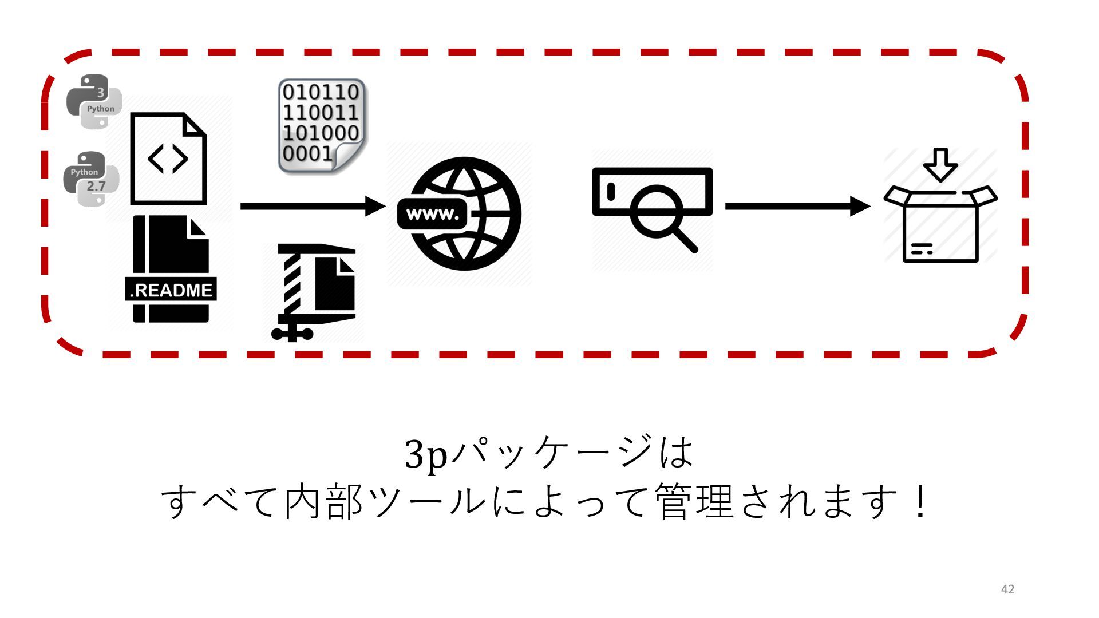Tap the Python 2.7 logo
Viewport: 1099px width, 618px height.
pos(91,179)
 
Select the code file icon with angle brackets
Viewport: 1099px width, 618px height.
pos(168,159)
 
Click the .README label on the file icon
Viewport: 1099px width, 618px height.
pos(171,290)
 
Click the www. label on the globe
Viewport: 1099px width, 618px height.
pos(432,215)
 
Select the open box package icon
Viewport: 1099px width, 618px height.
pos(940,224)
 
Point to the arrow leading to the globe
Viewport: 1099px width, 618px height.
pos(312,206)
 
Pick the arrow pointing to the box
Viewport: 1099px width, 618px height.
pos(797,206)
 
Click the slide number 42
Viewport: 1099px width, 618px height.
pos(1007,589)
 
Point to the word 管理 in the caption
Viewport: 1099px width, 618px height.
pos(694,501)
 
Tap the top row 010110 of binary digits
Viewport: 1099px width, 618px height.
pos(321,92)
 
